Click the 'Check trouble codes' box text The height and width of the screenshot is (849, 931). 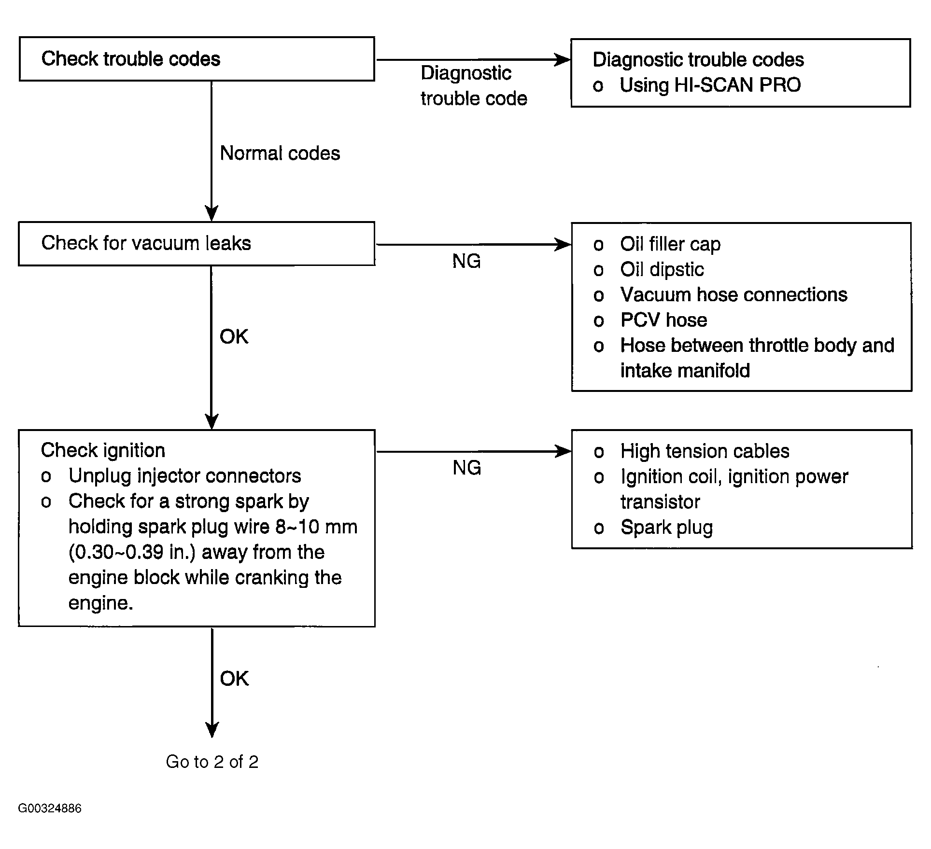click(x=131, y=59)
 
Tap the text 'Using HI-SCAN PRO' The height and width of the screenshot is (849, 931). click(x=710, y=85)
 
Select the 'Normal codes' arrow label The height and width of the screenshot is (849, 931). click(x=280, y=153)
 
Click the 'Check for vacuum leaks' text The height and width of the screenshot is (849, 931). click(x=146, y=243)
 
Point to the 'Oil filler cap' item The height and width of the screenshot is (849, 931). click(x=670, y=244)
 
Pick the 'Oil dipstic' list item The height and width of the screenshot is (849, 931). click(x=662, y=269)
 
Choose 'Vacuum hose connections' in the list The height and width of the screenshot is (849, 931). click(x=734, y=294)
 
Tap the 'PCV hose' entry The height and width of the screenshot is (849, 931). click(x=664, y=320)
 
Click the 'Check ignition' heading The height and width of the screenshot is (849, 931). click(x=103, y=450)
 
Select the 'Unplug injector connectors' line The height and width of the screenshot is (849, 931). click(x=184, y=476)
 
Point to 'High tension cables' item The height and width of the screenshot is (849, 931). click(x=705, y=451)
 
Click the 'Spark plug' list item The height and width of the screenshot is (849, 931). click(x=667, y=528)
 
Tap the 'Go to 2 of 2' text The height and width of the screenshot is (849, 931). click(x=212, y=762)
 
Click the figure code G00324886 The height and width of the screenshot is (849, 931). click(x=50, y=808)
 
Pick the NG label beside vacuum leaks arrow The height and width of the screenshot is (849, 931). click(x=466, y=261)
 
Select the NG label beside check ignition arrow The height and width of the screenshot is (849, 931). click(x=467, y=468)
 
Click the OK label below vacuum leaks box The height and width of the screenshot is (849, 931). click(x=234, y=336)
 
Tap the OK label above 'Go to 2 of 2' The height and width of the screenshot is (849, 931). click(x=234, y=679)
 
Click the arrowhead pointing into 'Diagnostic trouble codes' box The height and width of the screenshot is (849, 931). click(x=563, y=60)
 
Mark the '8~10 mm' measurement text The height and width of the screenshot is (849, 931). click(x=317, y=527)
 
